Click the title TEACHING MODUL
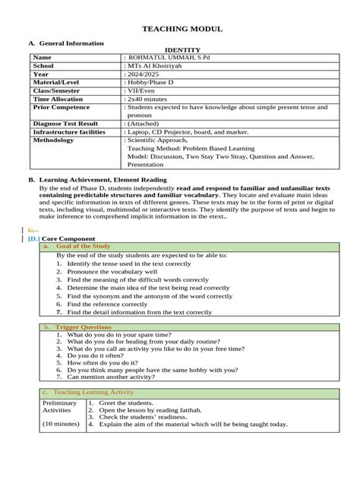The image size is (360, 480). pyautogui.click(x=182, y=28)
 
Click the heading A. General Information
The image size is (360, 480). pyautogui.click(x=66, y=44)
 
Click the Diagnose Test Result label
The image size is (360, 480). pyautogui.click(x=65, y=124)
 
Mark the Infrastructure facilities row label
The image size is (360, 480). pyautogui.click(x=69, y=132)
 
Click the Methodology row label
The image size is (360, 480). pyautogui.click(x=53, y=141)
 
